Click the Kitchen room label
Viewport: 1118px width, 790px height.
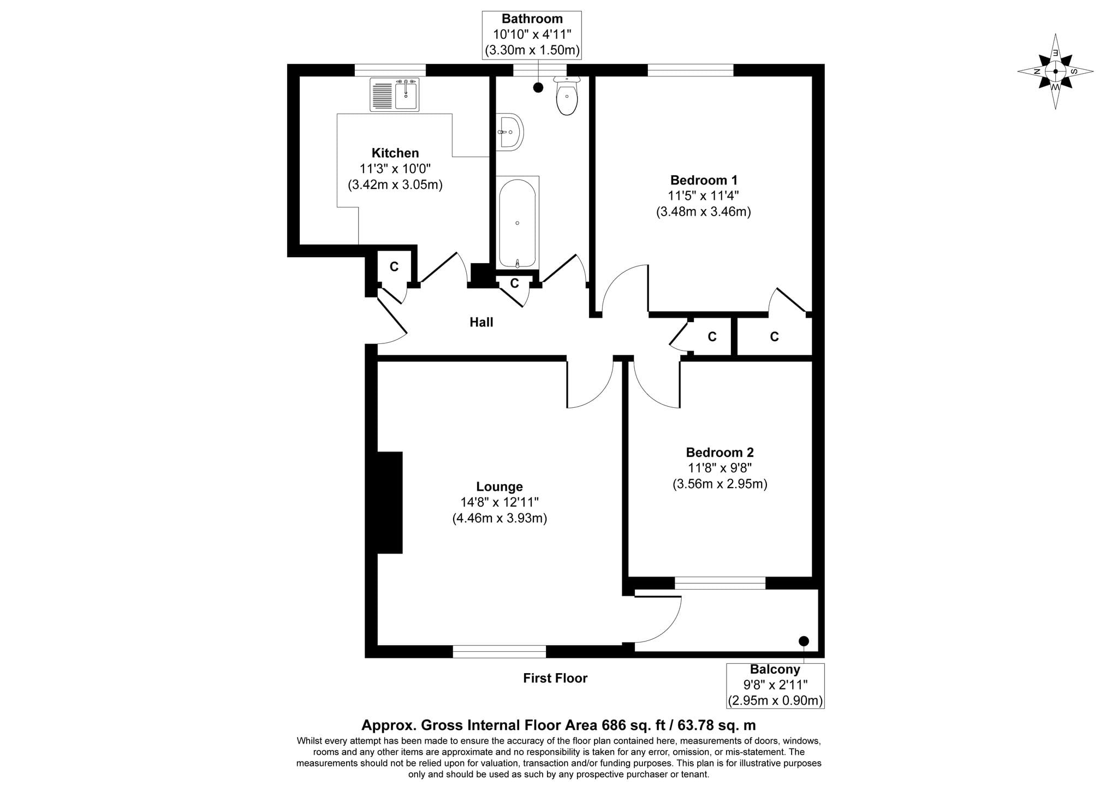[x=395, y=153]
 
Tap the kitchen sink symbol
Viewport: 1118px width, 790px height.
[x=394, y=94]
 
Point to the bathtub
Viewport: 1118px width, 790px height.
[x=517, y=223]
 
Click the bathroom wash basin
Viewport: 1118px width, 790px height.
[x=510, y=132]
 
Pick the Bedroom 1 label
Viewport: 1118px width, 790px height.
[x=704, y=180]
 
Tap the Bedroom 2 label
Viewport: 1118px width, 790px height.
[x=719, y=453]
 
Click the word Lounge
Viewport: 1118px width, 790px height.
[x=499, y=487]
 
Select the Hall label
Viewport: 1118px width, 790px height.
[x=481, y=323]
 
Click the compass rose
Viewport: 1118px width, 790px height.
[x=1055, y=72]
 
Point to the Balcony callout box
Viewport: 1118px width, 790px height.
[x=775, y=685]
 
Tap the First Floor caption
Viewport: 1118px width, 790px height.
[x=555, y=679]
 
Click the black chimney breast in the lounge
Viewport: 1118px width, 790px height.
[x=390, y=502]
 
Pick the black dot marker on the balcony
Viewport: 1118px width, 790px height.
[x=804, y=641]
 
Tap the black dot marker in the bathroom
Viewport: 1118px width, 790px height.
[x=538, y=87]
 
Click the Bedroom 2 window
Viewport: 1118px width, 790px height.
[x=720, y=583]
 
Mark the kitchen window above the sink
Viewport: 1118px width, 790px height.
[x=390, y=70]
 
